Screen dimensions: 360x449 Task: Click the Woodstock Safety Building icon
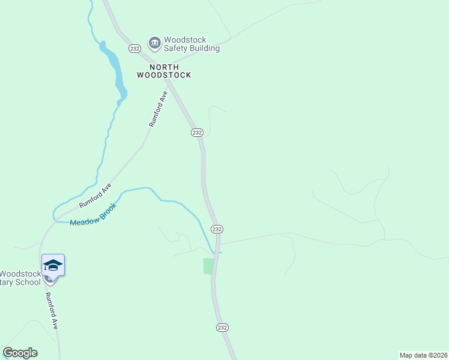[154, 43]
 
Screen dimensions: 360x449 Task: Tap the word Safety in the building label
[184, 49]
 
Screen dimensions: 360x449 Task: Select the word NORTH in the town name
[164, 67]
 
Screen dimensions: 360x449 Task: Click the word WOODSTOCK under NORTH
[164, 76]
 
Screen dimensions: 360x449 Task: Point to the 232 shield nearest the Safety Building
[134, 48]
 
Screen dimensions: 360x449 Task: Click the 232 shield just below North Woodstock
[197, 132]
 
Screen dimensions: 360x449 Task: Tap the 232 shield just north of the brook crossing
[217, 229]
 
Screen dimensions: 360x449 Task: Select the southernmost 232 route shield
[222, 328]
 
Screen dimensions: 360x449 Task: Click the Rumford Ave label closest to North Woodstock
[157, 107]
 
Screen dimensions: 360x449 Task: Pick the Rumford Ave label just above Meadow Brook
[95, 196]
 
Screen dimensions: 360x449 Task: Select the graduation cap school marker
[53, 265]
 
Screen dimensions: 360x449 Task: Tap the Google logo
[20, 353]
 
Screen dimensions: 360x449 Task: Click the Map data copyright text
[423, 355]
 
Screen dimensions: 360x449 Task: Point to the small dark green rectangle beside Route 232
[209, 266]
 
